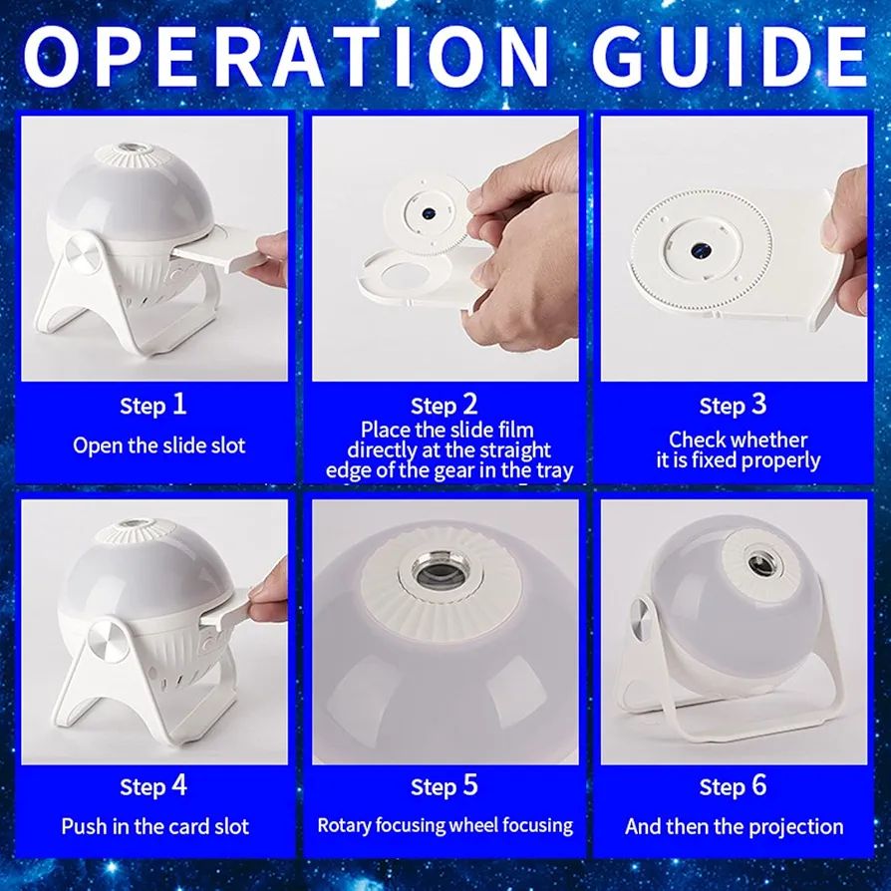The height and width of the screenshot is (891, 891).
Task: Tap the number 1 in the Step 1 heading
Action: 179,404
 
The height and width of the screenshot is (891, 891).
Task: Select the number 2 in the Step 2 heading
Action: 470,404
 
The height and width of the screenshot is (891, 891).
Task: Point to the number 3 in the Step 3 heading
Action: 759,404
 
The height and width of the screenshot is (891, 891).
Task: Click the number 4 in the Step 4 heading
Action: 179,785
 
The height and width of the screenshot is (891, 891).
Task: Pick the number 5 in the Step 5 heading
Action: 470,785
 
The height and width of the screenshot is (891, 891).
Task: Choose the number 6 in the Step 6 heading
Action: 759,785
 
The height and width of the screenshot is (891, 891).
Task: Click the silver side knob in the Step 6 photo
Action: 639,622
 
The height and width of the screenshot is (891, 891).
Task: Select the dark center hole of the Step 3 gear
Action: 699,250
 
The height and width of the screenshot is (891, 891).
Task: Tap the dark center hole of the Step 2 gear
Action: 429,213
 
